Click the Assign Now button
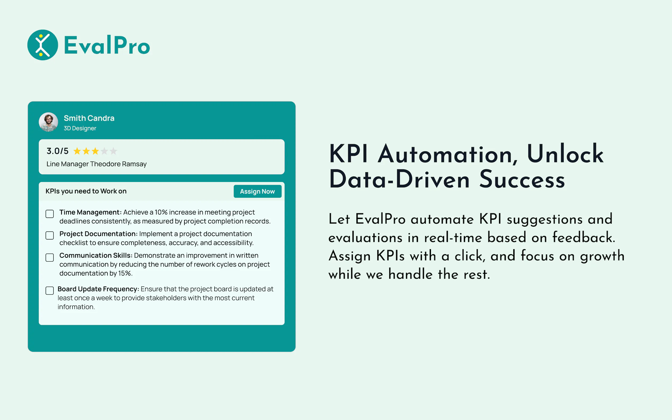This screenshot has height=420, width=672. tap(257, 191)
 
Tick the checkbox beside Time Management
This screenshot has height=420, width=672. tap(50, 214)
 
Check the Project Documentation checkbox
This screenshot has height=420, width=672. tap(50, 235)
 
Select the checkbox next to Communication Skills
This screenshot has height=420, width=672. tap(50, 257)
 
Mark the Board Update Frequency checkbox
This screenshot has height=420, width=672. tap(50, 291)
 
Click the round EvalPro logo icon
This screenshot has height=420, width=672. tap(43, 45)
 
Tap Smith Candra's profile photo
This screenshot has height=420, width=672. tap(48, 122)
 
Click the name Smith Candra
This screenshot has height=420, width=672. tap(89, 118)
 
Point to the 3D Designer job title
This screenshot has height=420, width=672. tap(80, 128)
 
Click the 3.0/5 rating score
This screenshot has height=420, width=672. tap(57, 151)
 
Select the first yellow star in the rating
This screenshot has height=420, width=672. tap(77, 151)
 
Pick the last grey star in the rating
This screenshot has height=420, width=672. tap(113, 151)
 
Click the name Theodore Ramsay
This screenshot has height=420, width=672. tap(118, 164)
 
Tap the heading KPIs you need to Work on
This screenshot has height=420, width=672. tap(86, 191)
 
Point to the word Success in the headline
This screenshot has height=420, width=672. tap(522, 179)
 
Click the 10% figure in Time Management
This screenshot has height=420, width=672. tap(161, 212)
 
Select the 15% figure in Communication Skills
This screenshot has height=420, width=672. tap(125, 273)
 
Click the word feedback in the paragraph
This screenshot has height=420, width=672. tap(584, 237)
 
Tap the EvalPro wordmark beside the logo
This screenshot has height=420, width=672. tap(107, 45)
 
